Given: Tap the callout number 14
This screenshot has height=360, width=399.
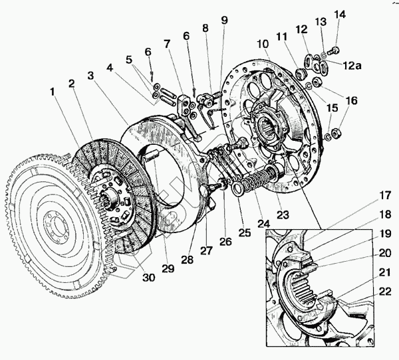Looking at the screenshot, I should [x=340, y=15].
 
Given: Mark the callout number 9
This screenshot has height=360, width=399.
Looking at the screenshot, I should [x=224, y=20].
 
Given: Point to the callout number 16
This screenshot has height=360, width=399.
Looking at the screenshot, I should [x=350, y=102].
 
